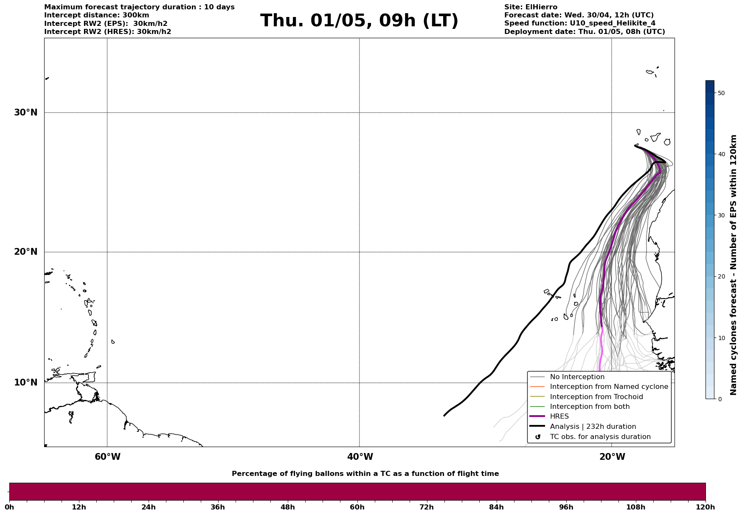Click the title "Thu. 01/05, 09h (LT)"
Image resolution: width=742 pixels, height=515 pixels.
[359, 21]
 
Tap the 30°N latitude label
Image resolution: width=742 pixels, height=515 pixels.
[25, 113]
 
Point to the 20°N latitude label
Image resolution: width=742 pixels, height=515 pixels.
[25, 252]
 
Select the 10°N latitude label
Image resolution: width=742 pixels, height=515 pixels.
[25, 383]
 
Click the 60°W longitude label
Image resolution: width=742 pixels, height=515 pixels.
[107, 457]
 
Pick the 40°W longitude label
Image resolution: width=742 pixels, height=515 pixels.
[360, 457]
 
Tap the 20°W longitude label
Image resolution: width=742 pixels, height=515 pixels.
[612, 457]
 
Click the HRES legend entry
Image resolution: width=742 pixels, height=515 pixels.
[559, 417]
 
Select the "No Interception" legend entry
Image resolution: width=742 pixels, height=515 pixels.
[577, 377]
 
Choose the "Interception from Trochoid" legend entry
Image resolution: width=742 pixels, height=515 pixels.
[596, 397]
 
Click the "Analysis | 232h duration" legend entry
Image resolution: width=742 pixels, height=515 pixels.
[593, 427]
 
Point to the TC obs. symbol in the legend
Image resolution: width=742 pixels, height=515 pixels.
[538, 437]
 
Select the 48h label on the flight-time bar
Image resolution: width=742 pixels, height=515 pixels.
[287, 507]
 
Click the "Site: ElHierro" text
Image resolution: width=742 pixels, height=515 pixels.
[531, 7]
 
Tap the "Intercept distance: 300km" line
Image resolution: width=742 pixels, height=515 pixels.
[97, 15]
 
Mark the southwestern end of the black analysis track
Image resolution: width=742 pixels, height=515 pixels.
[444, 415]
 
